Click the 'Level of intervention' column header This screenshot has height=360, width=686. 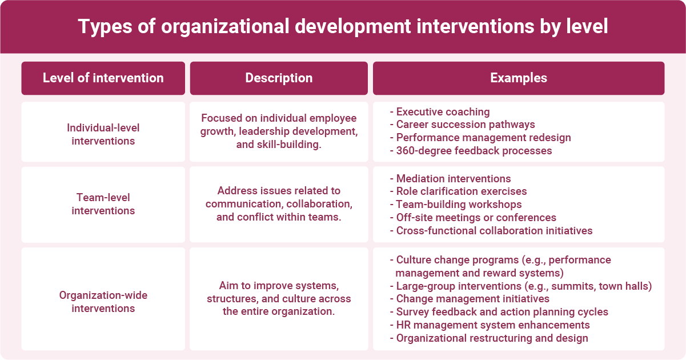tap(103, 78)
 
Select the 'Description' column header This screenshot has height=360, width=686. tap(279, 78)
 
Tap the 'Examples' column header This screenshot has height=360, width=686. tap(518, 78)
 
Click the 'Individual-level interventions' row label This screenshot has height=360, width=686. tap(103, 134)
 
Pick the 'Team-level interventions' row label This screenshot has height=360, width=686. tap(103, 204)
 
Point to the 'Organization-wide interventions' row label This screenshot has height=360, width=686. tap(103, 301)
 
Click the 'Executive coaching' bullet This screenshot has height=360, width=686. tap(443, 112)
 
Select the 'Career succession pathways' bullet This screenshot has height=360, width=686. tap(465, 125)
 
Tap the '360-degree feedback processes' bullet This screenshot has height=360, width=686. tap(474, 151)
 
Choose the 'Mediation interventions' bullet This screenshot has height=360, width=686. tap(453, 179)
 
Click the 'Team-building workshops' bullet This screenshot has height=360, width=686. tap(459, 204)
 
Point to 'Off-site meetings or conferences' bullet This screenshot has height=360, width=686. tap(476, 217)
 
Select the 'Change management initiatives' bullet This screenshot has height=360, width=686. tap(472, 298)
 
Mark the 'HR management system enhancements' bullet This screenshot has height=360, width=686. tap(492, 325)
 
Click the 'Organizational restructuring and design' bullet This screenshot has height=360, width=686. tap(492, 338)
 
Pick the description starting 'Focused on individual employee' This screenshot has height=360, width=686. tap(279, 131)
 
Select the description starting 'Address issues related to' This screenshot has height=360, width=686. tap(279, 204)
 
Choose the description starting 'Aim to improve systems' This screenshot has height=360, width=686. tap(279, 298)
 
